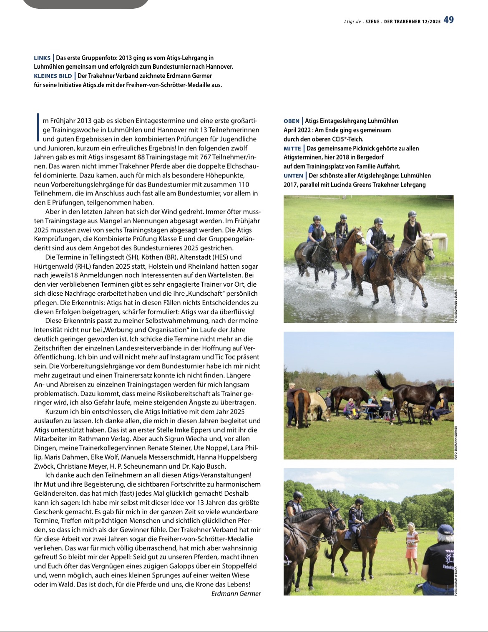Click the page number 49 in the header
(448, 20)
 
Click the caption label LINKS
(42, 58)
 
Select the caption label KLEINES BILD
(53, 76)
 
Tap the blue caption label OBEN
(292, 121)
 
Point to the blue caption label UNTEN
(293, 176)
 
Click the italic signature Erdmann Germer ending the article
(236, 594)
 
